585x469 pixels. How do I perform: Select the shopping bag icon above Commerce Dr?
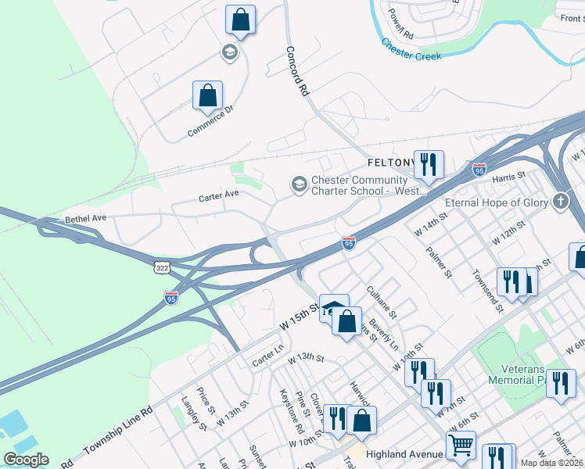(x=207, y=96)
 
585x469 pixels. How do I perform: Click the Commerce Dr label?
(x=210, y=122)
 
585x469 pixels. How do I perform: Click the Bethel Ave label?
(x=84, y=220)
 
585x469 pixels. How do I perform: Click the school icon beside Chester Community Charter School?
(x=298, y=184)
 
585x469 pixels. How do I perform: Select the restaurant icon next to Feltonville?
(x=428, y=164)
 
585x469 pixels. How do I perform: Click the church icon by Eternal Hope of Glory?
(x=560, y=202)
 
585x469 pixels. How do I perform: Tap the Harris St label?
(x=508, y=179)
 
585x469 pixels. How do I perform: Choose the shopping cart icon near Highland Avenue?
(x=461, y=445)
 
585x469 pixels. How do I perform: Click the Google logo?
(x=26, y=459)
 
